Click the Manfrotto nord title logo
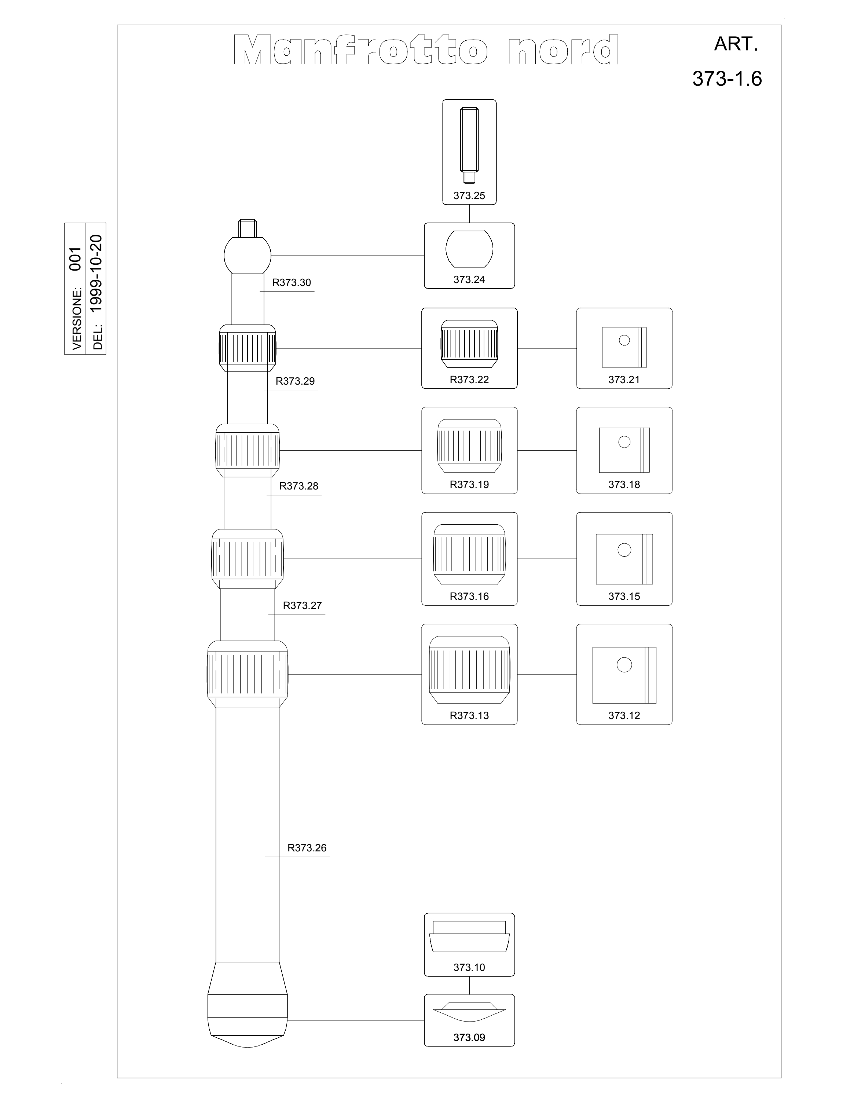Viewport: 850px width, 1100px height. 426,50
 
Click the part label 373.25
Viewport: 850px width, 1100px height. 469,195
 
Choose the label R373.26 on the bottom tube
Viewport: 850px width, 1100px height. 307,848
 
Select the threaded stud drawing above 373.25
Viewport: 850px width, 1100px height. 469,146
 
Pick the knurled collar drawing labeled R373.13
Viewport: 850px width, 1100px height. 469,670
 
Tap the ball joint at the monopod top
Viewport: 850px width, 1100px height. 247,255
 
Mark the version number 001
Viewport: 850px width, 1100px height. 75,259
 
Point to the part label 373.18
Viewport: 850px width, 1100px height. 624,484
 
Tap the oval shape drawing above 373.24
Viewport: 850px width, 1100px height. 469,249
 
